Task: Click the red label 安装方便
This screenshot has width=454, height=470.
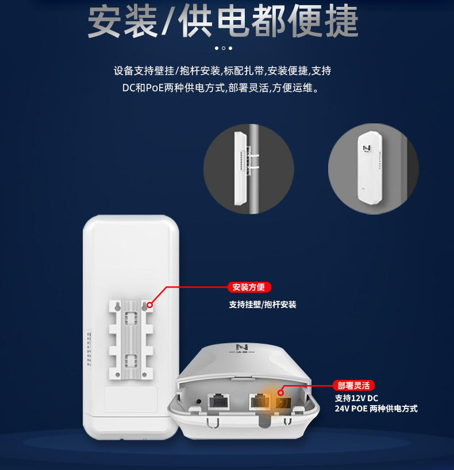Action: [x=249, y=287]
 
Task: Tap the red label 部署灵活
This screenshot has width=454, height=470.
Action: [x=353, y=386]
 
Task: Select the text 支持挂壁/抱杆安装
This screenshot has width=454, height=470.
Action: [x=263, y=305]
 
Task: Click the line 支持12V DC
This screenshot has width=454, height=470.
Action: [x=356, y=398]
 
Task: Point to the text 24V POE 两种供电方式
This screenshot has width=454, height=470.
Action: [x=376, y=409]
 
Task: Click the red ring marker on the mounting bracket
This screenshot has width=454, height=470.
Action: [x=149, y=305]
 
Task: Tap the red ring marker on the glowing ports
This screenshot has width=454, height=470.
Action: [x=280, y=393]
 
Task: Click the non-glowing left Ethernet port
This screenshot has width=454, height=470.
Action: [x=218, y=402]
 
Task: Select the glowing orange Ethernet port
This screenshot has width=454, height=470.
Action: [x=260, y=402]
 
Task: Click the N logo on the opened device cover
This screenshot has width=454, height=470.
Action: [x=242, y=348]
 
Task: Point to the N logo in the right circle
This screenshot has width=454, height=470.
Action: [x=367, y=149]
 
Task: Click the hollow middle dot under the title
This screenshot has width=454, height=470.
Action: [x=224, y=48]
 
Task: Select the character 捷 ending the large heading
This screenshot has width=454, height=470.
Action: [x=341, y=22]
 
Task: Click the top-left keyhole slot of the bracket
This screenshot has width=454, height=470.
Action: [x=118, y=306]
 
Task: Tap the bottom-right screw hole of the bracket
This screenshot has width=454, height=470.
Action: [x=144, y=375]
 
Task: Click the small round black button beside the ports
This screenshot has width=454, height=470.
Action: [x=198, y=401]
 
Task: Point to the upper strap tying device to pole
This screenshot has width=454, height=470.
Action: [x=252, y=156]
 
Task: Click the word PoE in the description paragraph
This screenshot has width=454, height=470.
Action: [x=155, y=88]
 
